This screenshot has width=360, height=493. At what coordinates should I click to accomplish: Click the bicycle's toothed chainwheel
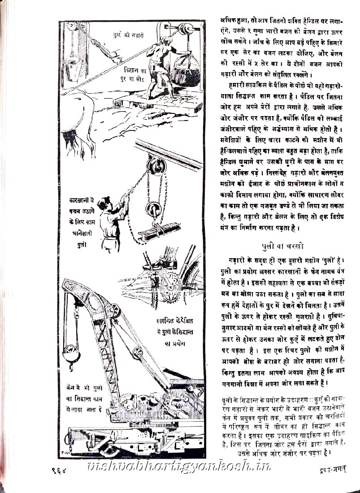pyautogui.click(x=171, y=284)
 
